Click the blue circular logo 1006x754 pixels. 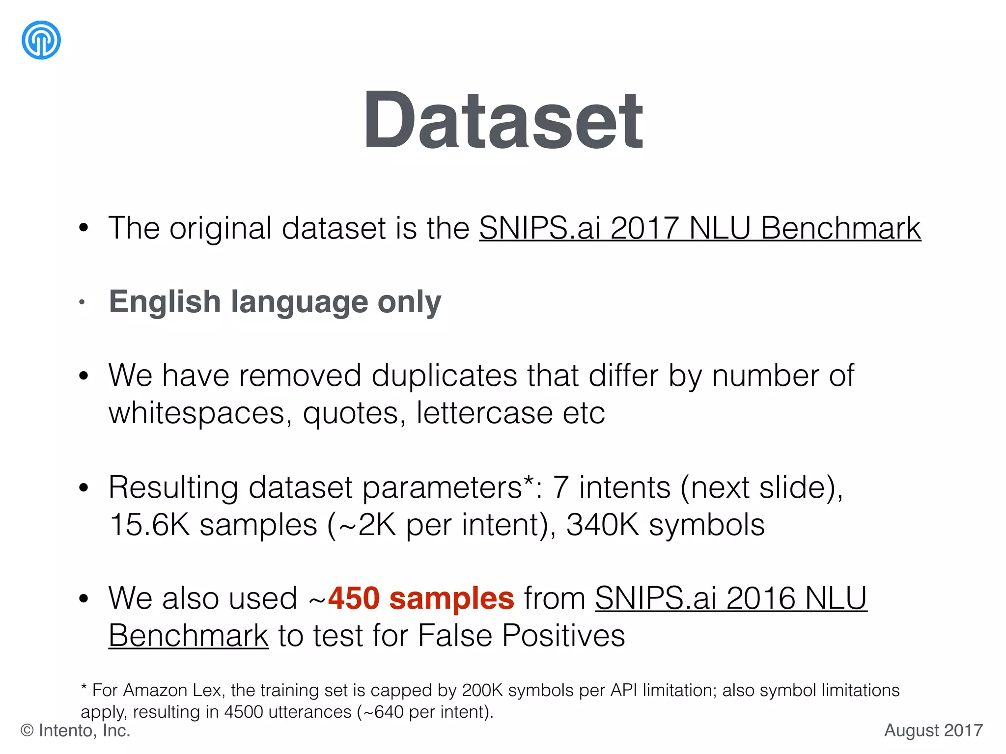[x=41, y=40]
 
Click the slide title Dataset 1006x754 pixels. [x=503, y=120]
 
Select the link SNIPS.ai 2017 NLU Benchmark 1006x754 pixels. [x=699, y=228]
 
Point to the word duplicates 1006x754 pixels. [x=444, y=376]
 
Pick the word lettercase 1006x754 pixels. [x=484, y=413]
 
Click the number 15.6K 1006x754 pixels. [x=149, y=525]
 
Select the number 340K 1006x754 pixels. [x=602, y=525]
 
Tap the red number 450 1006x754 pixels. [x=354, y=598]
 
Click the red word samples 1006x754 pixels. [x=451, y=598]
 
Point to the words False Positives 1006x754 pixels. [x=521, y=636]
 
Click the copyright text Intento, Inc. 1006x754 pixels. [x=84, y=730]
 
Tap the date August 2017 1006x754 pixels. [x=933, y=730]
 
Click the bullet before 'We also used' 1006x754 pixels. [x=84, y=599]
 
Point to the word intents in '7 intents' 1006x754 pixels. [x=625, y=488]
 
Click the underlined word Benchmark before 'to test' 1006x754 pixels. [x=189, y=636]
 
